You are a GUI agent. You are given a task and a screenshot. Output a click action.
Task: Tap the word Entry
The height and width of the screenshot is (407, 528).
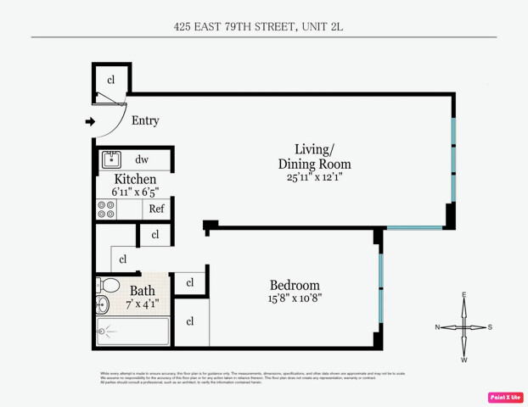point(145,120)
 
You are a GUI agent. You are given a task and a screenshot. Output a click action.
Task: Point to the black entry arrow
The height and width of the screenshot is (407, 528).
point(90,121)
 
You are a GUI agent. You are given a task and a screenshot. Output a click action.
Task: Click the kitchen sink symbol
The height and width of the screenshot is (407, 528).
point(111,159)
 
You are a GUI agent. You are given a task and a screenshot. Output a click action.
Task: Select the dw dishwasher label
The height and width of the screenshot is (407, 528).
point(142,159)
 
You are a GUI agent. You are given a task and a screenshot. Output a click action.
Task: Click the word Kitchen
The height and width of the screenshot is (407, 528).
point(135,179)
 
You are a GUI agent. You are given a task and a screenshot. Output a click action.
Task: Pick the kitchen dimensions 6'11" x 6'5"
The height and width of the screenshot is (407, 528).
point(135,192)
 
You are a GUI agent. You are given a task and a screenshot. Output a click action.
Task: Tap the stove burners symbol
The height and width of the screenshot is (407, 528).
point(107,209)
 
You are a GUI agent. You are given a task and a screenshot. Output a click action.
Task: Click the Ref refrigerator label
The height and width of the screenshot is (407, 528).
point(157,209)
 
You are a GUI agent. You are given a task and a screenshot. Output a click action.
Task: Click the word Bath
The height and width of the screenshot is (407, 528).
point(143,290)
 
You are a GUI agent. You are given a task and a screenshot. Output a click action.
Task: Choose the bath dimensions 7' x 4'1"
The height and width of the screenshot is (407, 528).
point(143,304)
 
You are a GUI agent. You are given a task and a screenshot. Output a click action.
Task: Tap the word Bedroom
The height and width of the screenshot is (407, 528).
point(295,285)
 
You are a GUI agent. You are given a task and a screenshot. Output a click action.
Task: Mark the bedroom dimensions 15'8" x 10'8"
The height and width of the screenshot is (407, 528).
point(295,298)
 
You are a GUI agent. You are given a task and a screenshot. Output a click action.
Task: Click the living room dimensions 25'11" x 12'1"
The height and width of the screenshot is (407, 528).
point(314,178)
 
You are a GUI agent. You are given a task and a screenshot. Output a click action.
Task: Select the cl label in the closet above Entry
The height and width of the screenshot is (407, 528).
point(111,80)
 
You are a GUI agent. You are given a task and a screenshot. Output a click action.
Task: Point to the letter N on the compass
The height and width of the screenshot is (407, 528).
point(438,327)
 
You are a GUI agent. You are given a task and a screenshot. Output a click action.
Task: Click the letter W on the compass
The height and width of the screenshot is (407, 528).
point(464,360)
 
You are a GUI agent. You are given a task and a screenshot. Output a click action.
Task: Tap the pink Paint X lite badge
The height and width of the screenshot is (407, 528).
point(505,397)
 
